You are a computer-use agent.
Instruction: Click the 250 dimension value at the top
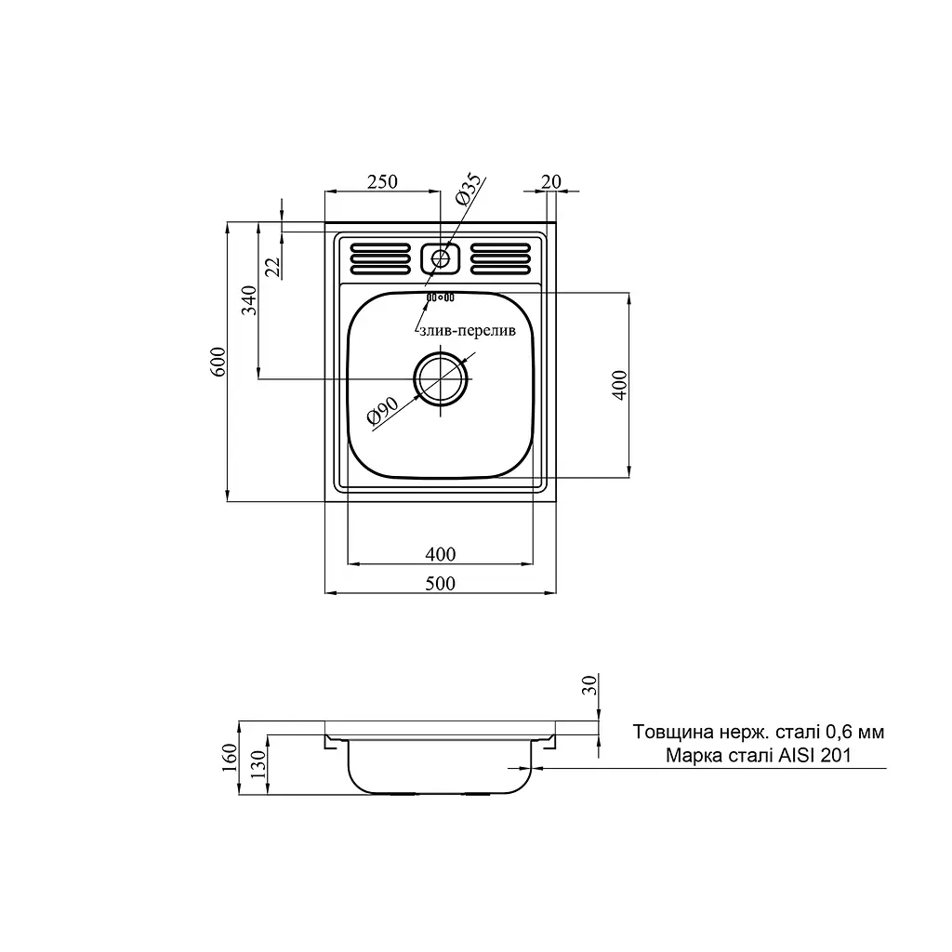point(382,181)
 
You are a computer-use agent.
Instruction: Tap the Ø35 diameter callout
point(469,189)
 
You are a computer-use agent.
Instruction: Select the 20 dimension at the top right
point(550,181)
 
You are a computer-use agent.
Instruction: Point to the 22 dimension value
point(273,267)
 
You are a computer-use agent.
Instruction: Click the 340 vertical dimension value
point(249,300)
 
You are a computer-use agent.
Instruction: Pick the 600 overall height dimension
point(218,362)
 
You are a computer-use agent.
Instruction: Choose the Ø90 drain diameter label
point(382,410)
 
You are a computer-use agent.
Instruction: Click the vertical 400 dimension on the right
point(619,384)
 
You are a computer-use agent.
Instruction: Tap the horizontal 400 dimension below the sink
point(440,554)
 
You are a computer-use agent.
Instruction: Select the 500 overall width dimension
point(440,583)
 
